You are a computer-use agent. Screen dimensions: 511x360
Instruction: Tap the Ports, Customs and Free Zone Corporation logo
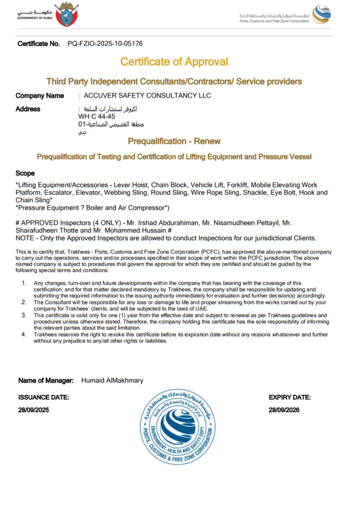[x=321, y=14]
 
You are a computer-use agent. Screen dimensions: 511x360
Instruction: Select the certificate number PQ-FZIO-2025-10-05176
[x=105, y=44]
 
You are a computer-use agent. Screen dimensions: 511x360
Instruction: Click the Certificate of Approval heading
[x=174, y=62]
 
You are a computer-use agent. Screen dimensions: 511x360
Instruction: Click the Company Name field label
[x=40, y=96]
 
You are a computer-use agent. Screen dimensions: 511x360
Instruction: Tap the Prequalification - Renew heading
[x=174, y=141]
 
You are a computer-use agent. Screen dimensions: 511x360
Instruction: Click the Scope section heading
[x=25, y=174]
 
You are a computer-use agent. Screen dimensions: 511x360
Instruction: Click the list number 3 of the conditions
[x=23, y=315]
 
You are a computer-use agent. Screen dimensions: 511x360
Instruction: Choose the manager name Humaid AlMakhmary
[x=112, y=381]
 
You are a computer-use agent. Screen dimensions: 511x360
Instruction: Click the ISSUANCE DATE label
[x=43, y=398]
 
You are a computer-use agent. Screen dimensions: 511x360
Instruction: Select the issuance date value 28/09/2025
[x=34, y=410]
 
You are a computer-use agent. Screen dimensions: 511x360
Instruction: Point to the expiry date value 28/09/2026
[x=284, y=410]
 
